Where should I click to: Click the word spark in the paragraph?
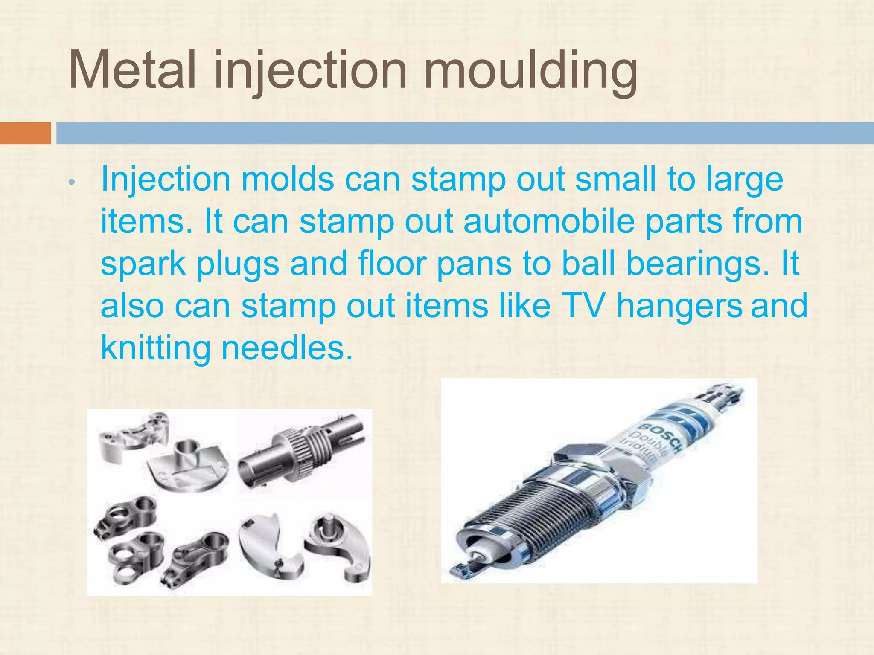(x=143, y=264)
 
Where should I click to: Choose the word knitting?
(x=155, y=348)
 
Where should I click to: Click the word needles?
(x=287, y=348)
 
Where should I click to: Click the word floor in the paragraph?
(x=392, y=264)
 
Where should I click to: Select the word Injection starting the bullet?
(x=166, y=180)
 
